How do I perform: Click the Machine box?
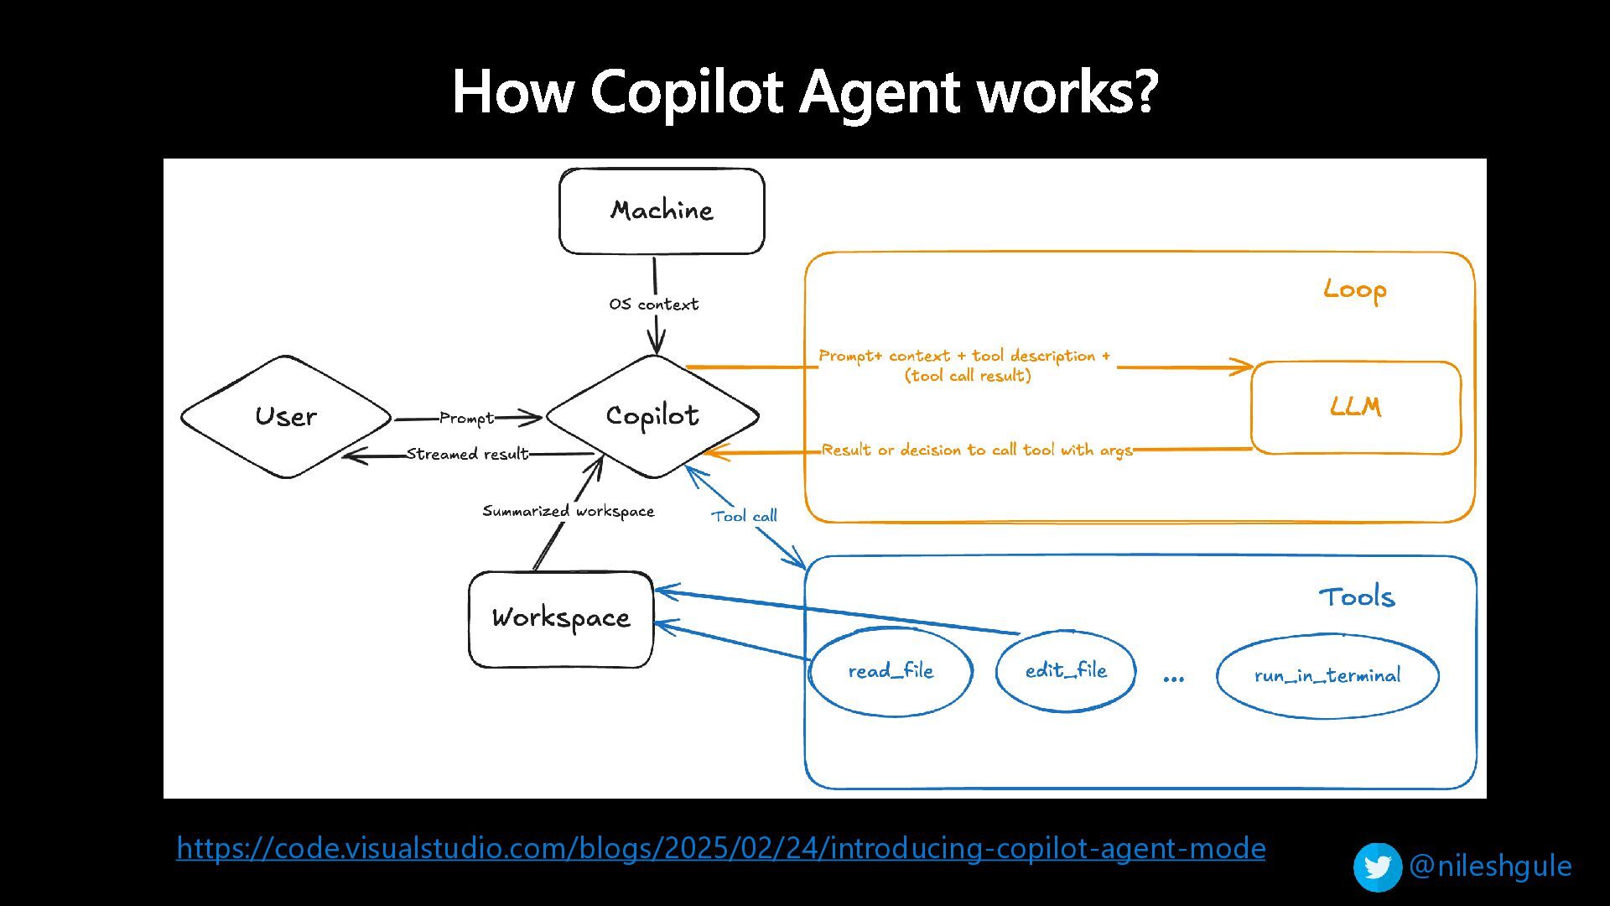[662, 211]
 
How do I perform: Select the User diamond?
[286, 417]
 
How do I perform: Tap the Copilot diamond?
[652, 416]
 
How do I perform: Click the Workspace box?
[561, 619]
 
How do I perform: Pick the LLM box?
[1355, 408]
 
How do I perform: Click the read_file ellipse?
[891, 671]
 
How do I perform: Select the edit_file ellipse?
[1066, 670]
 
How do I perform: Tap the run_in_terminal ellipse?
[1327, 675]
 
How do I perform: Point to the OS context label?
[653, 305]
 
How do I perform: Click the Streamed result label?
[467, 454]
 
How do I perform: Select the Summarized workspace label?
[568, 511]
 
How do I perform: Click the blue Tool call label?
[744, 516]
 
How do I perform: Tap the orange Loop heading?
[1354, 289]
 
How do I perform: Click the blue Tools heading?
[1356, 596]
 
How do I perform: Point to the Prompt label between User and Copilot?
[466, 418]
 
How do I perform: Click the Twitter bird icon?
[1377, 867]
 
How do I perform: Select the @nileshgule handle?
[1490, 866]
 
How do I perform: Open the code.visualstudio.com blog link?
[720, 848]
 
